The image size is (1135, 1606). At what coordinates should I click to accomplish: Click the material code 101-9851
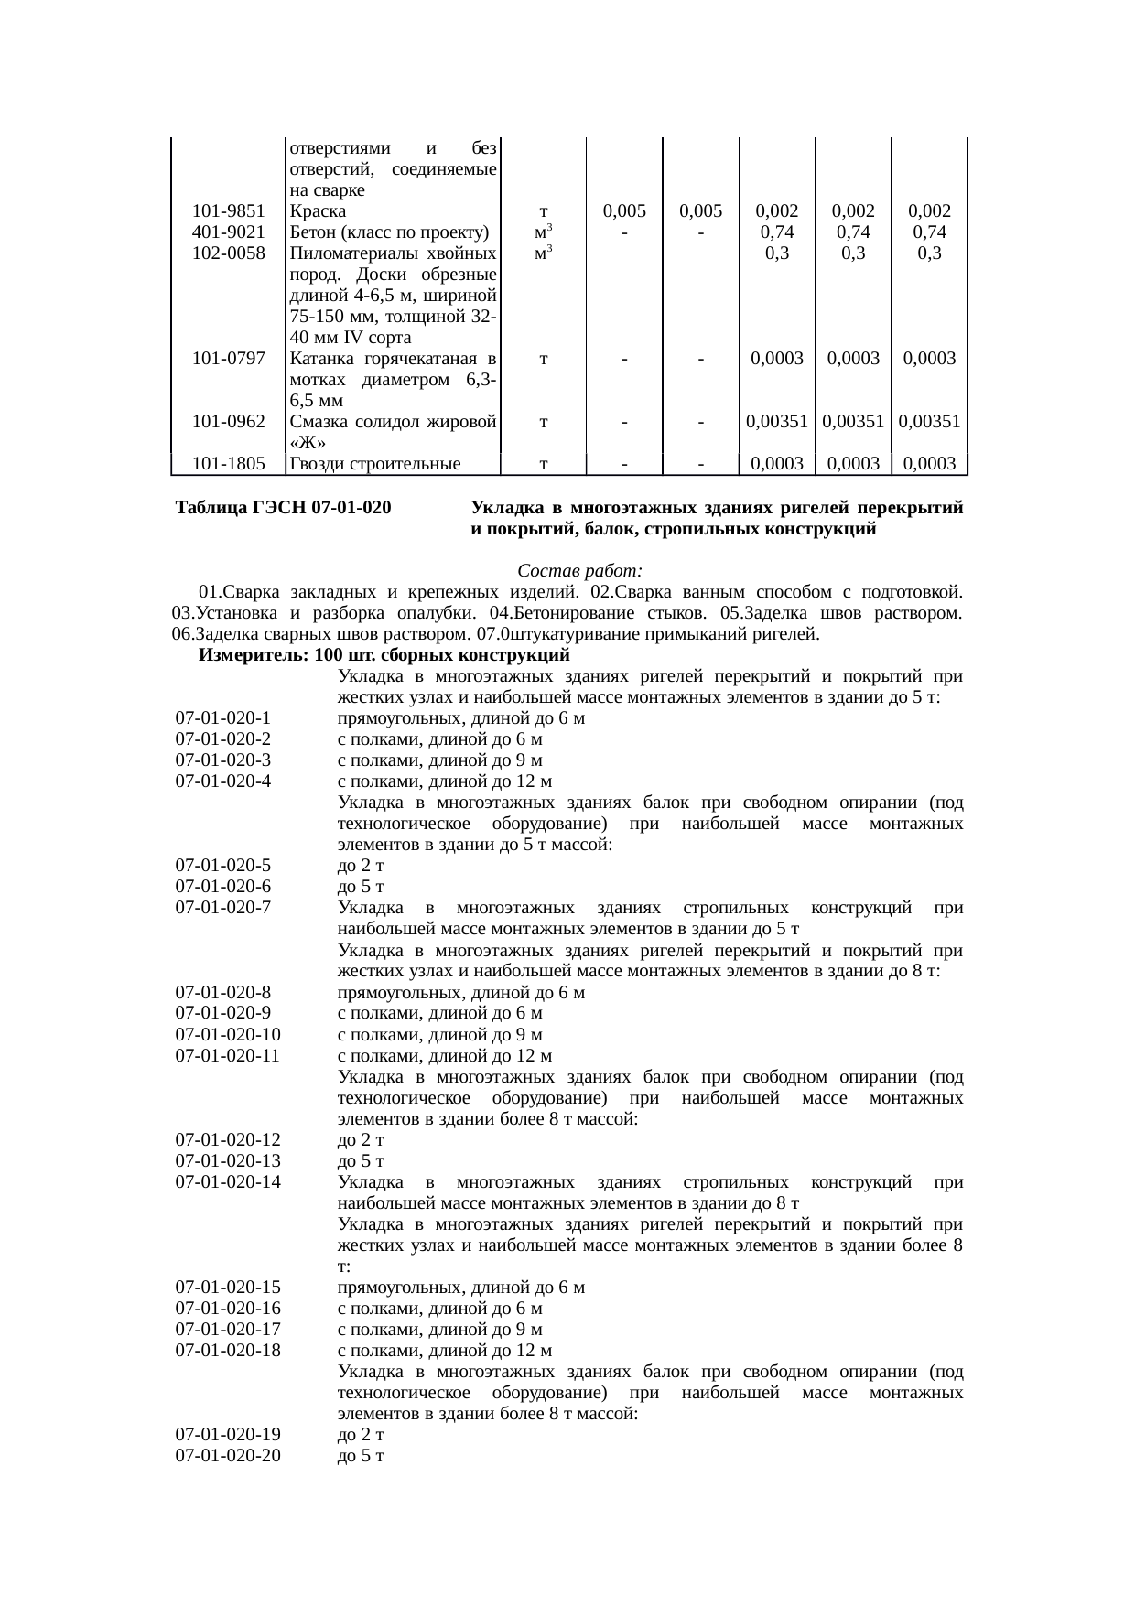(x=228, y=210)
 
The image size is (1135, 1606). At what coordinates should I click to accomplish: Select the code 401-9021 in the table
(x=228, y=232)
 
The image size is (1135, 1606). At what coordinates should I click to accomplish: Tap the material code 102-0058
(x=228, y=253)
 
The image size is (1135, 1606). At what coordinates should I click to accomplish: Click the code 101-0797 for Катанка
(x=228, y=358)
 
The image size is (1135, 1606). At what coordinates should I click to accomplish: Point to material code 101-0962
(x=228, y=422)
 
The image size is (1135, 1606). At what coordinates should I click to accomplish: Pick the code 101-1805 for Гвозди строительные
(x=228, y=464)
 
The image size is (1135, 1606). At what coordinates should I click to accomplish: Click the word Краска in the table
(x=314, y=210)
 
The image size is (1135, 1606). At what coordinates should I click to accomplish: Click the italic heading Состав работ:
(x=580, y=570)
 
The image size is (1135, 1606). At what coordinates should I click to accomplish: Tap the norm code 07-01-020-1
(x=222, y=718)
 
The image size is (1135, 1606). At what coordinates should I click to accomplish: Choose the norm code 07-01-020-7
(x=222, y=908)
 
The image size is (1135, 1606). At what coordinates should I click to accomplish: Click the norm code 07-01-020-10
(x=227, y=1035)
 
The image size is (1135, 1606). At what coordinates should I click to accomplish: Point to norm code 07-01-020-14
(x=227, y=1182)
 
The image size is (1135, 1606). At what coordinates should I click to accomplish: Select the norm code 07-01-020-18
(x=227, y=1351)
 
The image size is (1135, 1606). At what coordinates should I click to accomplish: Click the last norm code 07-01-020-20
(x=227, y=1456)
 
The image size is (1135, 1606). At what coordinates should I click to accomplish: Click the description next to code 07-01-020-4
(x=444, y=781)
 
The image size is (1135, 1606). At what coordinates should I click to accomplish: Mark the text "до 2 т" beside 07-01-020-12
(x=360, y=1140)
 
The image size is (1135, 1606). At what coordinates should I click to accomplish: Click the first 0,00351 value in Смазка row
(x=776, y=422)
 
